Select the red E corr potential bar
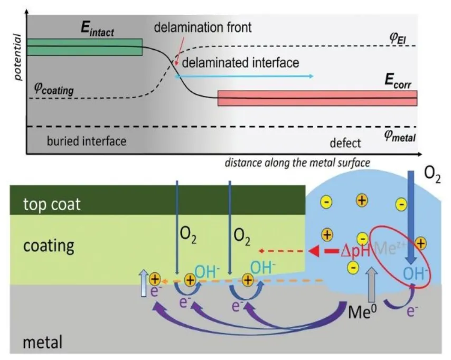(317, 98)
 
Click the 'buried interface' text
(87, 141)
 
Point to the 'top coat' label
(52, 204)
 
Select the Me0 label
(362, 308)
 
